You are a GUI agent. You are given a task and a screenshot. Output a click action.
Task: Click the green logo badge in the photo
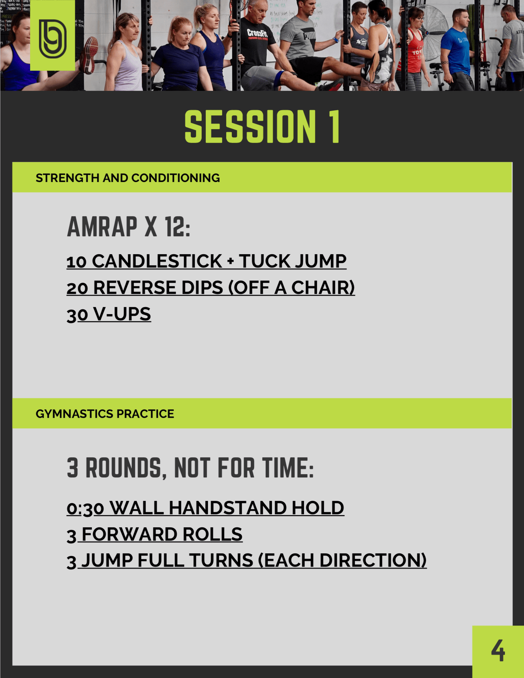[52, 35]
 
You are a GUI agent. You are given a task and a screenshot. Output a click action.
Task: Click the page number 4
[498, 651]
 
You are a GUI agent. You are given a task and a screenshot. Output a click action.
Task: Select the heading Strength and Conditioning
[128, 178]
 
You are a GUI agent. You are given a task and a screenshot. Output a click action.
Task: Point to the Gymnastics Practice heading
[105, 414]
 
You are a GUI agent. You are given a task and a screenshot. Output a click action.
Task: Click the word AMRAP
[102, 227]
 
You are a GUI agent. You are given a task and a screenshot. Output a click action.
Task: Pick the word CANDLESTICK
[157, 261]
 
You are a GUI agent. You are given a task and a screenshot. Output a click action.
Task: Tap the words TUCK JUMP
[293, 261]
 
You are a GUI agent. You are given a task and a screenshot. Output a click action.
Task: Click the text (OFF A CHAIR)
[292, 288]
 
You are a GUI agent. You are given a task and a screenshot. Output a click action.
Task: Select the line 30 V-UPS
[109, 314]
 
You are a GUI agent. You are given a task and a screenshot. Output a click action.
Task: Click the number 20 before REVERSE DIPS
[77, 288]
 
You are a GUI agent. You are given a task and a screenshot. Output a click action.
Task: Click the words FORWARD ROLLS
[162, 534]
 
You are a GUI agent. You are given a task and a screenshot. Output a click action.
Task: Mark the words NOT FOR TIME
[244, 468]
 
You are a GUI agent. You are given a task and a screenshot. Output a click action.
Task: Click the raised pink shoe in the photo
[89, 55]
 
